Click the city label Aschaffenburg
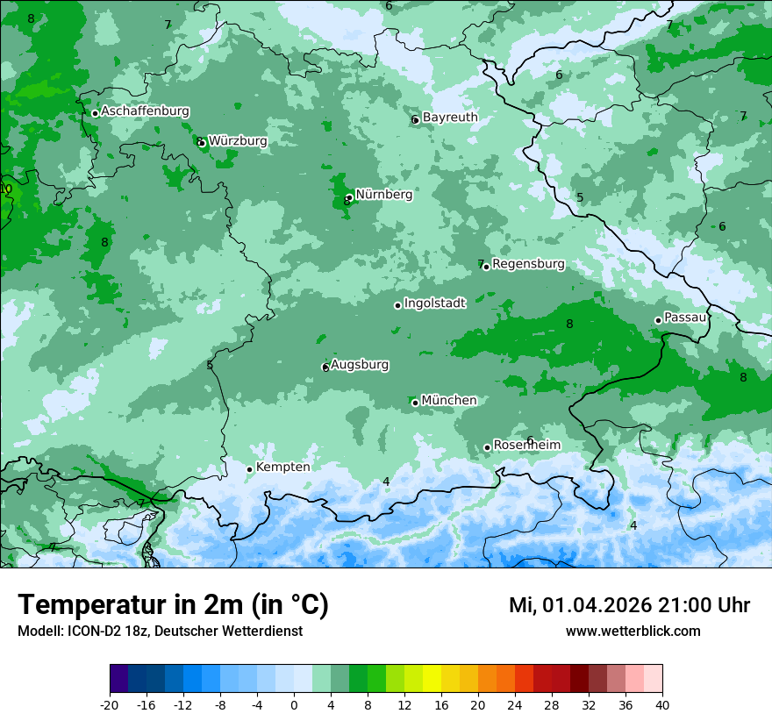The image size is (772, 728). tap(145, 111)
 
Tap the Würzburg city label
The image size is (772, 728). tap(238, 140)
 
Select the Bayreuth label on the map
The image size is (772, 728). tap(450, 117)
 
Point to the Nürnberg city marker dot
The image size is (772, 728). tap(349, 197)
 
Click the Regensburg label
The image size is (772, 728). tap(528, 263)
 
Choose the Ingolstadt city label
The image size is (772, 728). tap(434, 303)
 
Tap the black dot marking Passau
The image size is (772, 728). tap(658, 320)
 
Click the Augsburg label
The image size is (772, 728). tap(360, 364)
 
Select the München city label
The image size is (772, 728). tap(449, 400)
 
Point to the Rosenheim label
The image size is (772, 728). tap(526, 445)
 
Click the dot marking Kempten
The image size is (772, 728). tap(249, 469)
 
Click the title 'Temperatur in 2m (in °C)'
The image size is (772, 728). tap(173, 605)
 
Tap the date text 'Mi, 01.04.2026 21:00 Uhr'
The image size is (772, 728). tap(629, 605)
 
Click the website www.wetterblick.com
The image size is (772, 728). tap(633, 631)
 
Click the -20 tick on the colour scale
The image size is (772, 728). tap(110, 704)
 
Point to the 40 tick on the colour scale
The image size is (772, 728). tap(662, 704)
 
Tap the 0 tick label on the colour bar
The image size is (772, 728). tap(294, 704)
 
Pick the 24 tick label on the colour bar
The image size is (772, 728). tap(515, 704)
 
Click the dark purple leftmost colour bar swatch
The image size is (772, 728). tap(119, 678)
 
